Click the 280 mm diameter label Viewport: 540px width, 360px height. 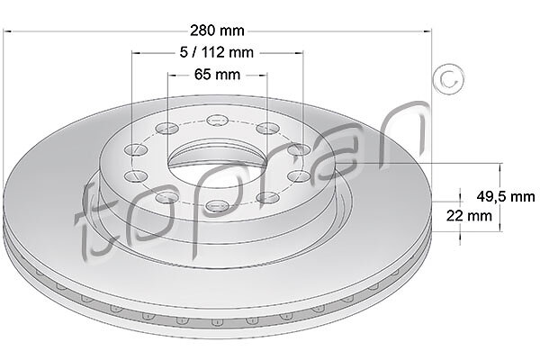217,31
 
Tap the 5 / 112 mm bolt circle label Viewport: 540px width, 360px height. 217,52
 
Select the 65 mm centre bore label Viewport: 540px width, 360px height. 217,74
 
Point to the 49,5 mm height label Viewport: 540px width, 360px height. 506,196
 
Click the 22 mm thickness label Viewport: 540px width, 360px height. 469,216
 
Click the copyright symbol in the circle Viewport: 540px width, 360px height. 448,79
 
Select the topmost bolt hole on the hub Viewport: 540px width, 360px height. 218,121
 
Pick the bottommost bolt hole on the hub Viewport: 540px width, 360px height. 217,206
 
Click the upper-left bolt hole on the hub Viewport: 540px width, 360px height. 167,129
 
